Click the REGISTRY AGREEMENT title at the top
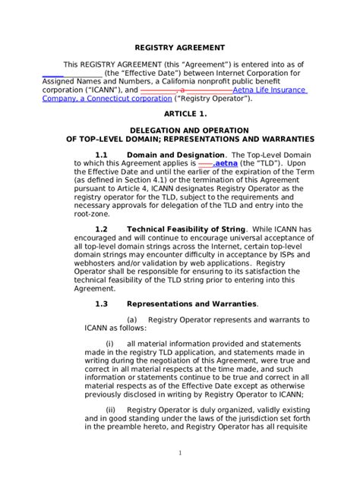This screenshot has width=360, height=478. pyautogui.click(x=179, y=46)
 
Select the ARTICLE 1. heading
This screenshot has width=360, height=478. pyautogui.click(x=179, y=112)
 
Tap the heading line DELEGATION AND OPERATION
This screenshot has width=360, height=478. pyautogui.click(x=179, y=131)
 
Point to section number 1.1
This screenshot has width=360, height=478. pyautogui.click(x=102, y=155)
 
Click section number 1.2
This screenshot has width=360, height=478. pyautogui.click(x=102, y=229)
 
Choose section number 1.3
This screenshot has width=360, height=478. pyautogui.click(x=102, y=303)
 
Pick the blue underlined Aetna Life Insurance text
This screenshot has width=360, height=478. pyautogui.click(x=269, y=90)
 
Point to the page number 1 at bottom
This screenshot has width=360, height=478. pyautogui.click(x=180, y=453)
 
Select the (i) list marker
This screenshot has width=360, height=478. pyautogui.click(x=109, y=344)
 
